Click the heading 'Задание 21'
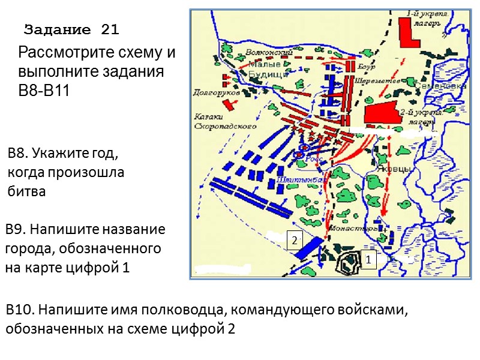click(73, 29)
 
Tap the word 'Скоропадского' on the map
click(226, 127)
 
